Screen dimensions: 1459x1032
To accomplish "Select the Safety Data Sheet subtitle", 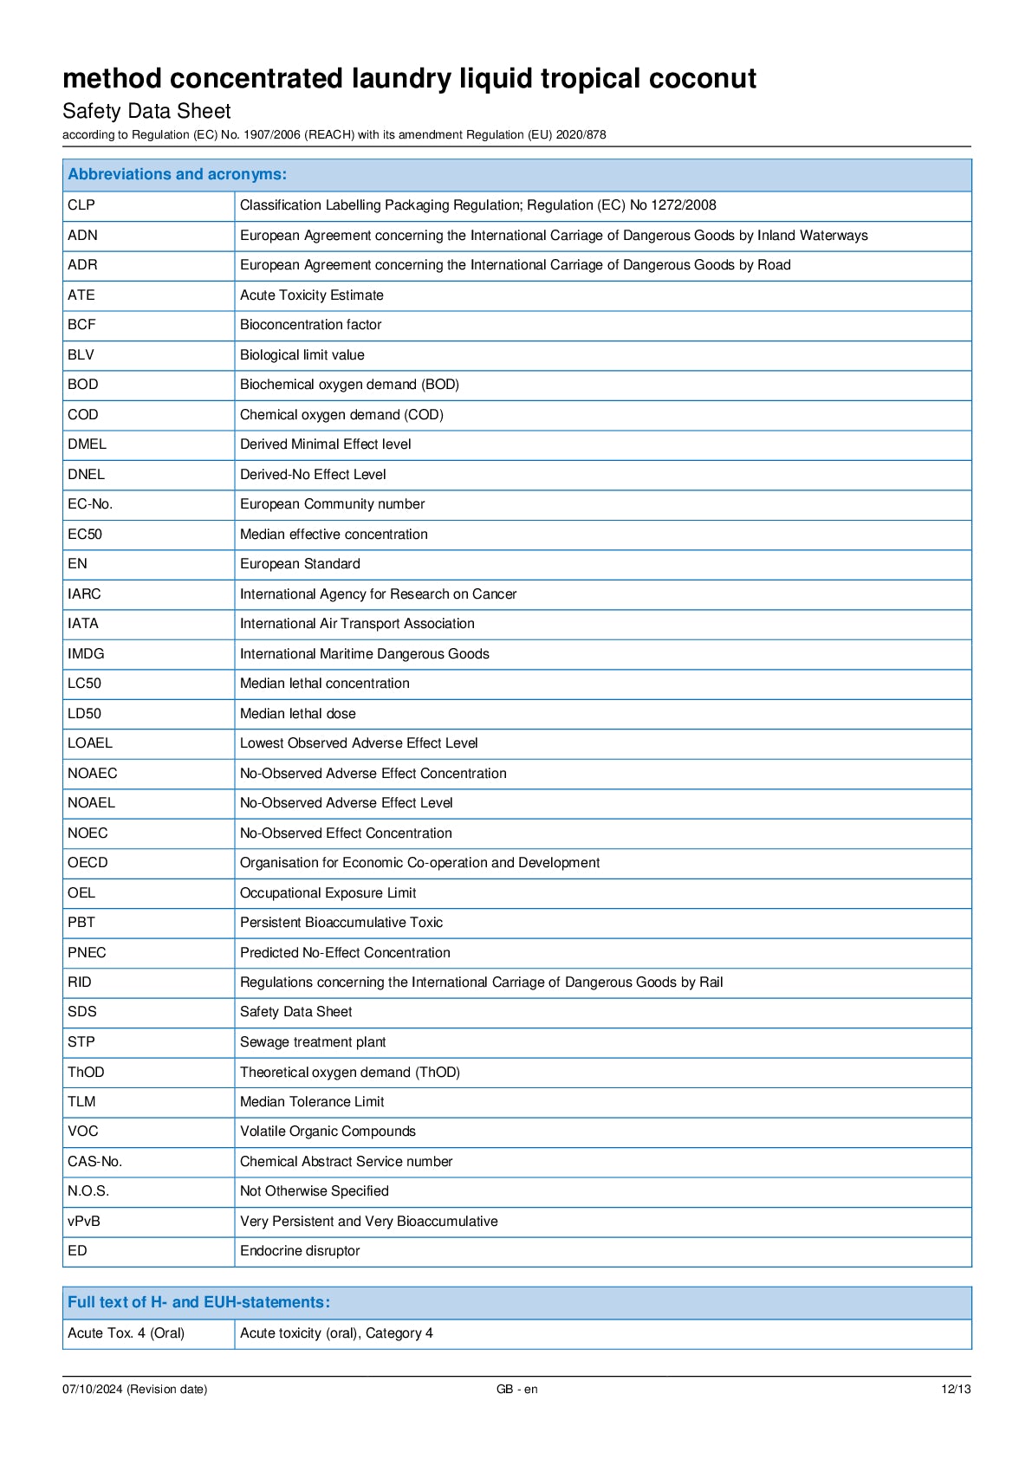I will click(146, 111).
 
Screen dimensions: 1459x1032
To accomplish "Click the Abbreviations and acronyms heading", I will click(177, 174).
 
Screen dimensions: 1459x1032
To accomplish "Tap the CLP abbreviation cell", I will click(81, 205).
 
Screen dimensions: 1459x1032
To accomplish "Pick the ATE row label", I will click(81, 295).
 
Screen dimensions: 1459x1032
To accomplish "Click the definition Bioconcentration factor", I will click(310, 325).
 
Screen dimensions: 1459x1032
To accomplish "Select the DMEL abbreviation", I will click(87, 444).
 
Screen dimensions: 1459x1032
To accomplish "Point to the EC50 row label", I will click(85, 535).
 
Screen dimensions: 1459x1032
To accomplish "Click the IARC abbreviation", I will click(84, 594).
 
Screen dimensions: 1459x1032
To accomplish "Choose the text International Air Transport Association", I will click(357, 624).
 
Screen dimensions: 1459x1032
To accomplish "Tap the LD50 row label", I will click(84, 714).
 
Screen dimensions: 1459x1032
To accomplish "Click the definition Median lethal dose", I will click(297, 714).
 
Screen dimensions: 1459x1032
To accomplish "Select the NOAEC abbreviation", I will click(92, 774).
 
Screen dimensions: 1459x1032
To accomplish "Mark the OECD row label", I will click(88, 863).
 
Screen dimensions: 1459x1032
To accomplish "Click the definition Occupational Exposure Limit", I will click(328, 893).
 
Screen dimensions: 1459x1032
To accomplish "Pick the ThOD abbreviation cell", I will click(86, 1073).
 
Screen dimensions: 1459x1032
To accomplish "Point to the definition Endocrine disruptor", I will click(300, 1251).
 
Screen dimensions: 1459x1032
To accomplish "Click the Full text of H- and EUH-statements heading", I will click(198, 1302).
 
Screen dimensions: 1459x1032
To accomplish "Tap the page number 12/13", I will click(956, 1390).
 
